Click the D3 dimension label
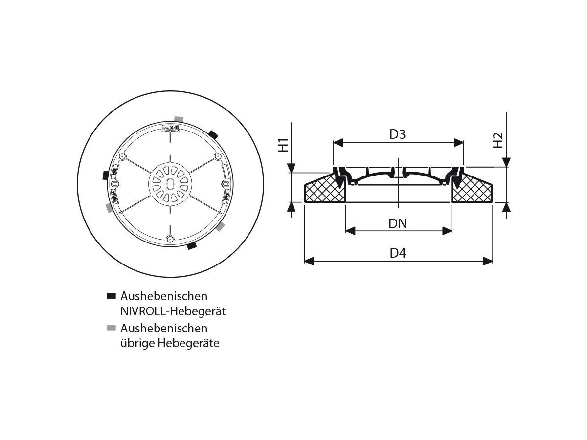tap(398, 134)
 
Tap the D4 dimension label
tap(398, 253)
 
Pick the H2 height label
tap(497, 141)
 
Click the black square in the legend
tap(111, 296)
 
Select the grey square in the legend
tap(111, 328)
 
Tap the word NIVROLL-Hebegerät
tap(173, 311)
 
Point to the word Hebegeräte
tap(189, 343)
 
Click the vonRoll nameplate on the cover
tap(169, 128)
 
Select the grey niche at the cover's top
tap(179, 119)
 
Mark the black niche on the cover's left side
tap(105, 175)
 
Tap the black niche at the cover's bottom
tap(191, 247)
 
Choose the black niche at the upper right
tap(213, 134)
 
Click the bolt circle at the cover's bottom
tap(170, 239)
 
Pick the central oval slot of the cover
tap(170, 184)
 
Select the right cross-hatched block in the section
tap(472, 191)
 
